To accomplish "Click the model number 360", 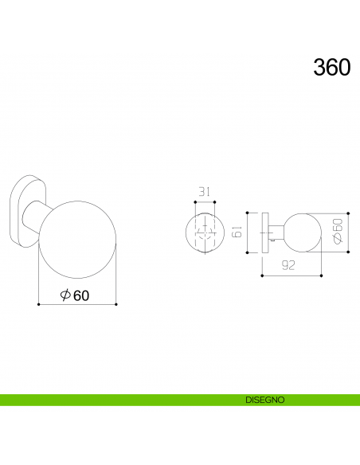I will [331, 68].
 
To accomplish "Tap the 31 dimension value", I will [205, 191].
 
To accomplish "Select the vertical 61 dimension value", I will [237, 232].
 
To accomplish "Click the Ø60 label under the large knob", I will [75, 295].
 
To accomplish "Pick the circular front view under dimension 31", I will [205, 235].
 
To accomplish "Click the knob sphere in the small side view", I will [302, 232].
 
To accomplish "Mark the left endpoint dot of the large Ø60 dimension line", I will [38, 304].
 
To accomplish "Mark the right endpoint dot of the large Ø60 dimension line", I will [117, 304].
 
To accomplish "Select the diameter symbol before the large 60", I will [65, 295].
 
